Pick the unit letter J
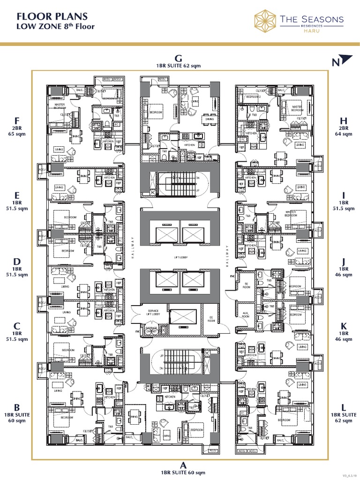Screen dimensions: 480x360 [x=344, y=261]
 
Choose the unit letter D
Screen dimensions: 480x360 [x=17, y=261]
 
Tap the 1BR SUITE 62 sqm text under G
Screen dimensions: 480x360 [x=180, y=66]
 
